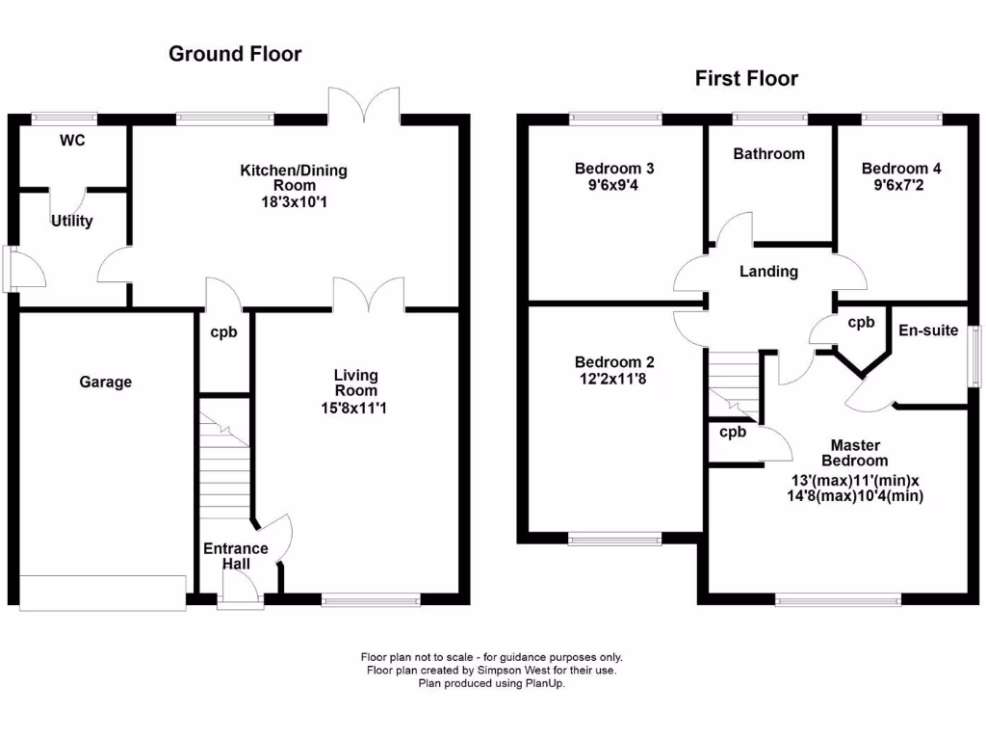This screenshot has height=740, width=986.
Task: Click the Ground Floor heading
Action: (x=235, y=54)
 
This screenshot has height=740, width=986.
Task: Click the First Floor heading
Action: (x=746, y=79)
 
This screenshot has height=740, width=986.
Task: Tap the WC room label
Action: (x=72, y=141)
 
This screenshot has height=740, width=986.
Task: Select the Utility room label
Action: (x=72, y=222)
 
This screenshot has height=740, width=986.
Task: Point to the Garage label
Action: (x=105, y=383)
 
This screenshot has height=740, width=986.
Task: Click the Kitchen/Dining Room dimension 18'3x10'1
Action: (x=294, y=202)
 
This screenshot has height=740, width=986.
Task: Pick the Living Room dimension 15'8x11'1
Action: (x=355, y=409)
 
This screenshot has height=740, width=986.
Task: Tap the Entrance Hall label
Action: (x=235, y=556)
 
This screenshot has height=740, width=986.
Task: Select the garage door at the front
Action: (x=102, y=593)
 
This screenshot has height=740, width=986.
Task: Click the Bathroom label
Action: (x=768, y=154)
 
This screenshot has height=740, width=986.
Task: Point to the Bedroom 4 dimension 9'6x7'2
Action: (x=900, y=186)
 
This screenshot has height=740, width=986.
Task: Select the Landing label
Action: (x=768, y=272)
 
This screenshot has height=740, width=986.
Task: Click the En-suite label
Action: (x=928, y=330)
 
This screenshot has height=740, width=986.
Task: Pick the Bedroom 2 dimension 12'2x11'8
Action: (x=614, y=380)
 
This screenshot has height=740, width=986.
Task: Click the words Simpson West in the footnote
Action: (x=495, y=670)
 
